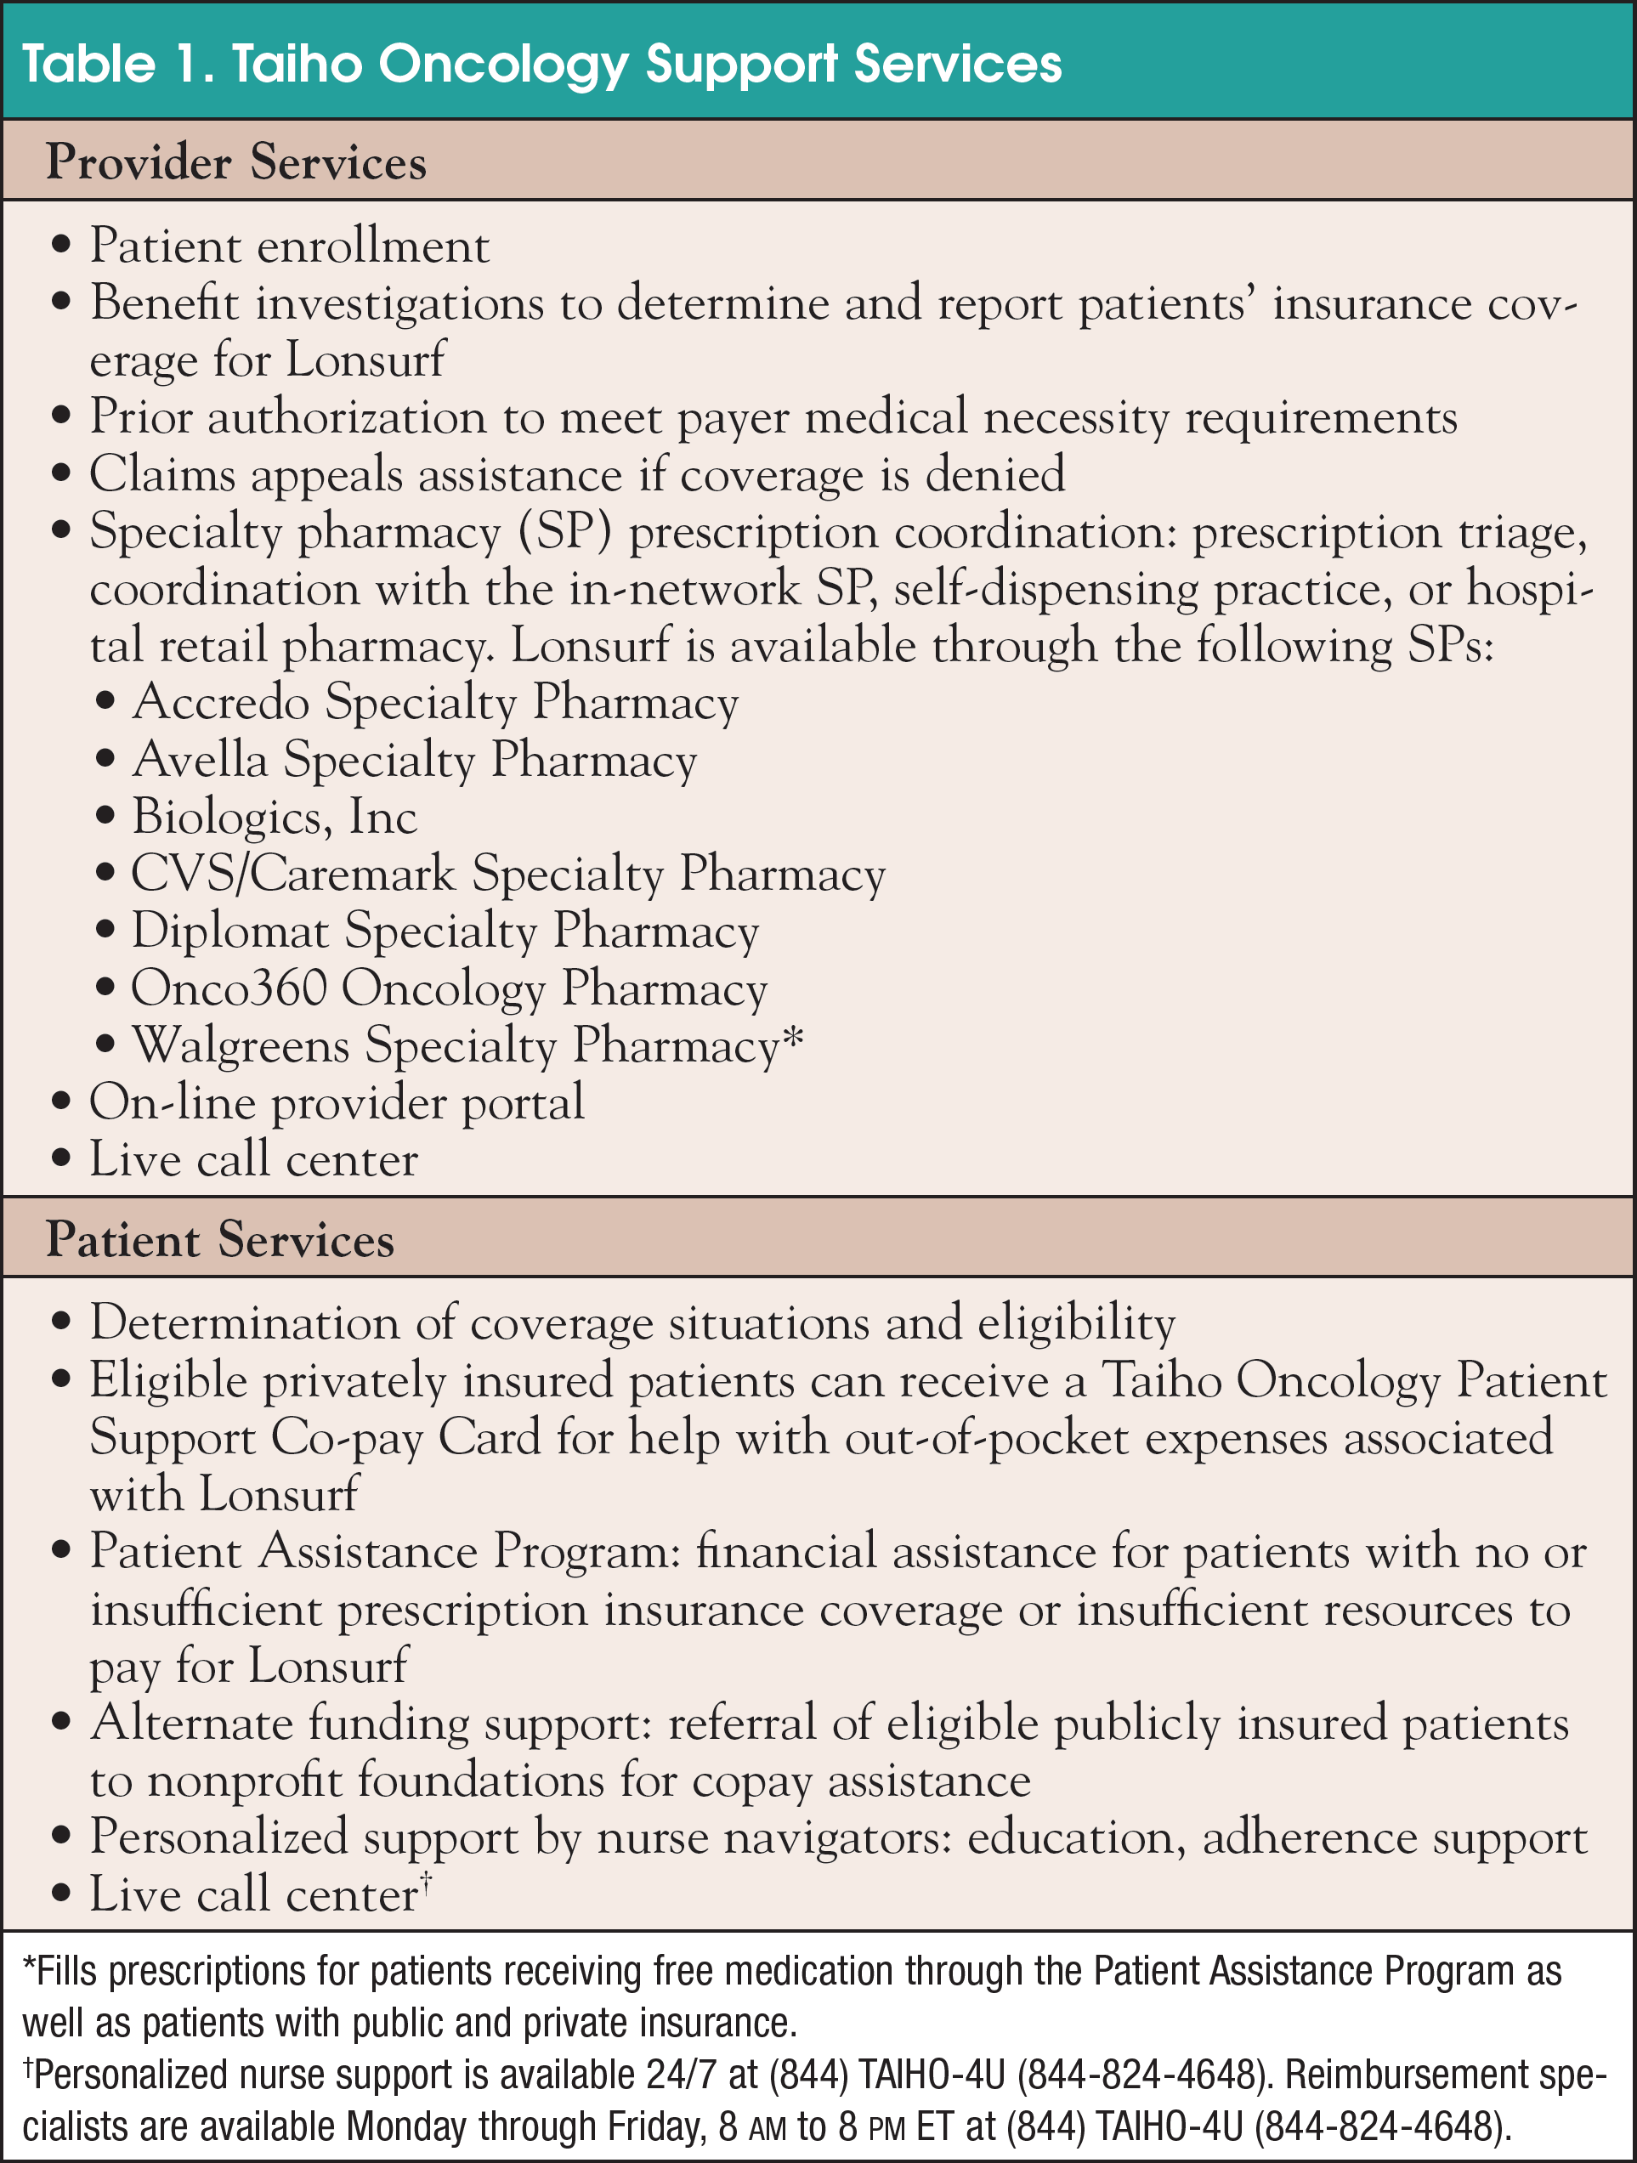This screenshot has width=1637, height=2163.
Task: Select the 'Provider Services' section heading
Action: click(x=235, y=162)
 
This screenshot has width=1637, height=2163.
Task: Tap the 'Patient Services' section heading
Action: click(x=219, y=1239)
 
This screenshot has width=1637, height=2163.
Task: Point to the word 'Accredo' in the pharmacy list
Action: click(x=220, y=702)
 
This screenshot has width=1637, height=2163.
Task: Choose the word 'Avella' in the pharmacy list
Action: click(x=200, y=759)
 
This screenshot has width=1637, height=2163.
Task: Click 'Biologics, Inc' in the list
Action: click(x=274, y=817)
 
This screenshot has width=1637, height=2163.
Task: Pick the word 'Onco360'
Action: click(x=228, y=988)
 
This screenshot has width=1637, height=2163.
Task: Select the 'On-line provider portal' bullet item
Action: click(x=337, y=1102)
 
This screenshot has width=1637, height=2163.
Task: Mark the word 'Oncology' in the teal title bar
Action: click(x=504, y=65)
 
